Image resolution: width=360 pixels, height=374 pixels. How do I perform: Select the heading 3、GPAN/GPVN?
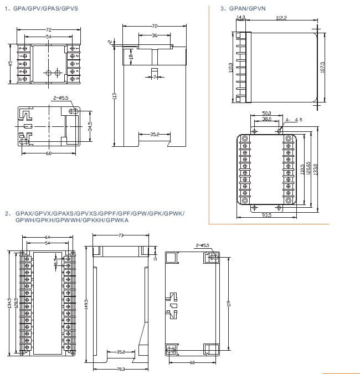(x=244, y=9)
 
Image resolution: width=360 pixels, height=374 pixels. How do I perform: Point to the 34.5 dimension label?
(x=90, y=127)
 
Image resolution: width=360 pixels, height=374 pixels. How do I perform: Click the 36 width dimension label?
(x=154, y=35)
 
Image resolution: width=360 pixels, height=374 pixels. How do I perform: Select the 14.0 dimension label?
(x=240, y=18)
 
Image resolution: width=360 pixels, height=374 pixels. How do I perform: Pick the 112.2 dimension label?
(x=281, y=18)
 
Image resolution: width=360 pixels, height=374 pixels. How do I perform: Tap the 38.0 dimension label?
(x=266, y=119)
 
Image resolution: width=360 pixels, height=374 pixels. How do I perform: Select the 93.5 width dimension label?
(x=266, y=215)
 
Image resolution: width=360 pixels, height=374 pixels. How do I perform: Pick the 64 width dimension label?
(x=48, y=238)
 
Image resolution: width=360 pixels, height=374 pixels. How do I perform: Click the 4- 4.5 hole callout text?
(x=294, y=120)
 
